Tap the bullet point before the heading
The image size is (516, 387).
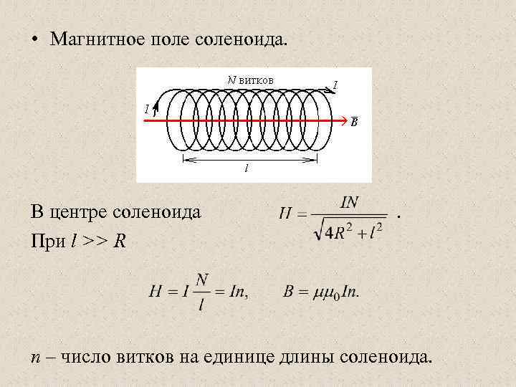click(34, 39)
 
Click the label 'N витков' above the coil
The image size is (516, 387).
click(250, 79)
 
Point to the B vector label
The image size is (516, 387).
click(354, 123)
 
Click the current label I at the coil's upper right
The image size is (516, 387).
click(335, 86)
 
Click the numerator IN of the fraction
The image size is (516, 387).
click(349, 202)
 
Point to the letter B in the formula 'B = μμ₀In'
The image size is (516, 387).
click(288, 292)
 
